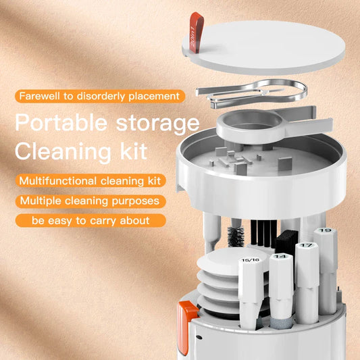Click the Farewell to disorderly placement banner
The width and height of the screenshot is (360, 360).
coord(100,96)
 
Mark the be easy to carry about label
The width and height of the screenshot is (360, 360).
coord(91,220)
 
